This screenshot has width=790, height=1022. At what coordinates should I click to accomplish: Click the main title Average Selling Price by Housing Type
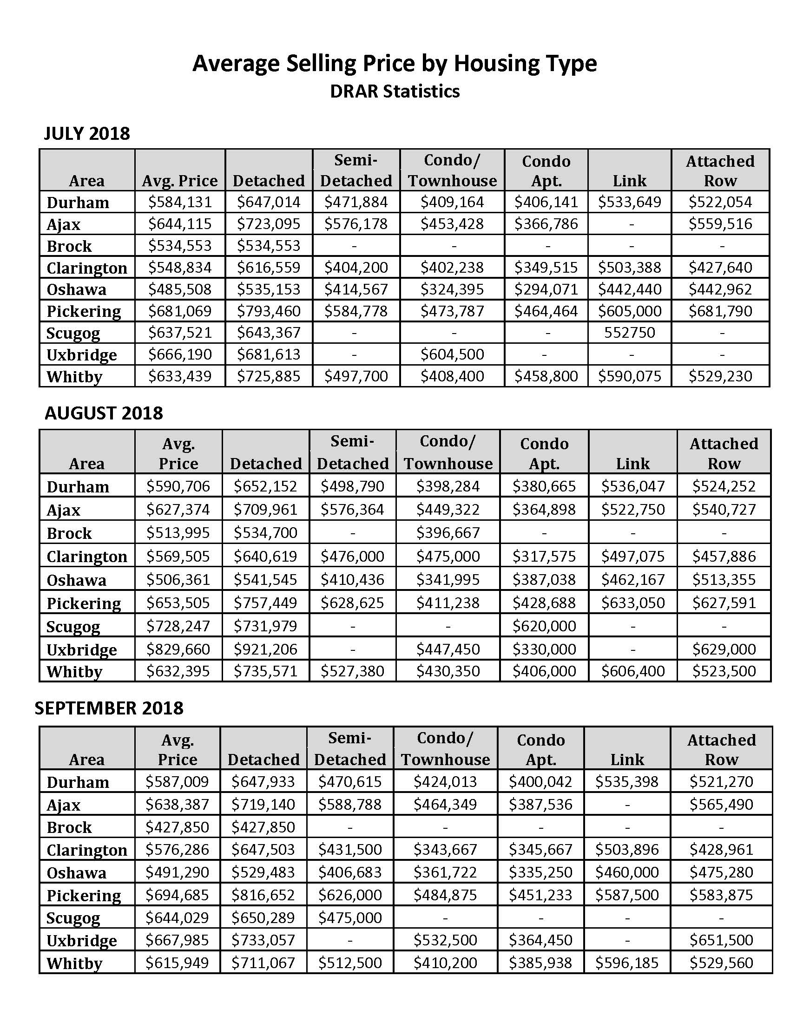395,63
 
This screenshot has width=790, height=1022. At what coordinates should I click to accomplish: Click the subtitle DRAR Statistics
395,91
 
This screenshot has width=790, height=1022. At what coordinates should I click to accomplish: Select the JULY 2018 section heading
86,134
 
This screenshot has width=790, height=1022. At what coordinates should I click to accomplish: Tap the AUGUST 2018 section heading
104,413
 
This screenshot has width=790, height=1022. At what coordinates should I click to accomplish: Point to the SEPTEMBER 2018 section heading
109,708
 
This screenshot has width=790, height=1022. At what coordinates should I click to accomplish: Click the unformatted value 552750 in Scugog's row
630,333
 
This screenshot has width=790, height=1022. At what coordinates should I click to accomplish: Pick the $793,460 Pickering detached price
268,311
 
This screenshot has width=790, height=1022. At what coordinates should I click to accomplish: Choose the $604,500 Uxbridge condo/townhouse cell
452,354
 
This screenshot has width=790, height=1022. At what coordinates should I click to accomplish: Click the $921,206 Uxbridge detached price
265,649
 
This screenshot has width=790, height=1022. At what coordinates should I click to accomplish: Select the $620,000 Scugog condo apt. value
544,626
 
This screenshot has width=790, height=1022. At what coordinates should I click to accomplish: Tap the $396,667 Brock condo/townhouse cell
448,533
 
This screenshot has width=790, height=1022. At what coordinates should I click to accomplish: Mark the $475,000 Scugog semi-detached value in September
350,917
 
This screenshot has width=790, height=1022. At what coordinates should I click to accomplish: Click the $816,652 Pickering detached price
263,895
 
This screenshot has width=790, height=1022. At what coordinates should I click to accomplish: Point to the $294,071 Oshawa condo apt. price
546,289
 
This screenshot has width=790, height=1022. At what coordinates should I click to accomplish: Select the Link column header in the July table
630,181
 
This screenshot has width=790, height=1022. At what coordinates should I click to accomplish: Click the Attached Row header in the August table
724,453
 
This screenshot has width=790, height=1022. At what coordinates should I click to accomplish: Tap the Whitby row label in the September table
74,963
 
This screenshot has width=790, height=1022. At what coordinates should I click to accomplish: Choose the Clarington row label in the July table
86,268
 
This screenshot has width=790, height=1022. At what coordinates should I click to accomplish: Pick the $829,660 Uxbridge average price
178,649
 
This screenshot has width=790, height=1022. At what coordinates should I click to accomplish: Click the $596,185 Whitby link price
627,963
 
